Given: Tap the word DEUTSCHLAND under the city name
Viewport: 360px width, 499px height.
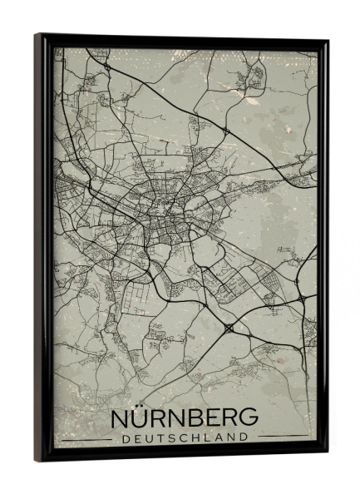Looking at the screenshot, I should click(x=184, y=436).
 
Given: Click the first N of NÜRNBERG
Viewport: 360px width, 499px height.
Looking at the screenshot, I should click(x=120, y=417).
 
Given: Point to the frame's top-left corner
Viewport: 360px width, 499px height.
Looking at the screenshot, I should click(x=37, y=36).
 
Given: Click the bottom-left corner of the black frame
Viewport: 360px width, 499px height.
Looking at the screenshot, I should click(x=37, y=459).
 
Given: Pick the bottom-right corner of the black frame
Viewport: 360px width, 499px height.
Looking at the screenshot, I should click(x=326, y=453).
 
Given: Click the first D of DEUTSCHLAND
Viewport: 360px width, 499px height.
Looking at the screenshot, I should click(x=125, y=437).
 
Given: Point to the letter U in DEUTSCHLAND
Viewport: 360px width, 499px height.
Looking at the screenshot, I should click(x=148, y=437).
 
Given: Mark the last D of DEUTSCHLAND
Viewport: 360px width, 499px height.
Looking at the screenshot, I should click(x=244, y=437).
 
